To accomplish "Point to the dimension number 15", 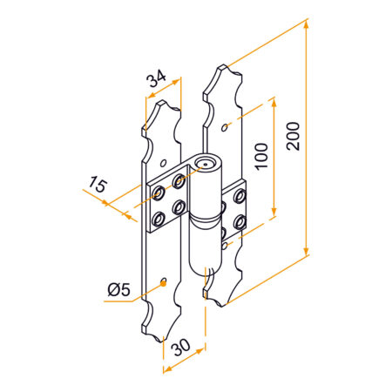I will click(x=98, y=184).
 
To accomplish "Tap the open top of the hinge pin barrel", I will click(x=206, y=163).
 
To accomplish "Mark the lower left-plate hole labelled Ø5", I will click(x=164, y=281).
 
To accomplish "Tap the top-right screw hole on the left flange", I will click(x=178, y=182).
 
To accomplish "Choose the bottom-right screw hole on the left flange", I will click(x=178, y=207).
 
